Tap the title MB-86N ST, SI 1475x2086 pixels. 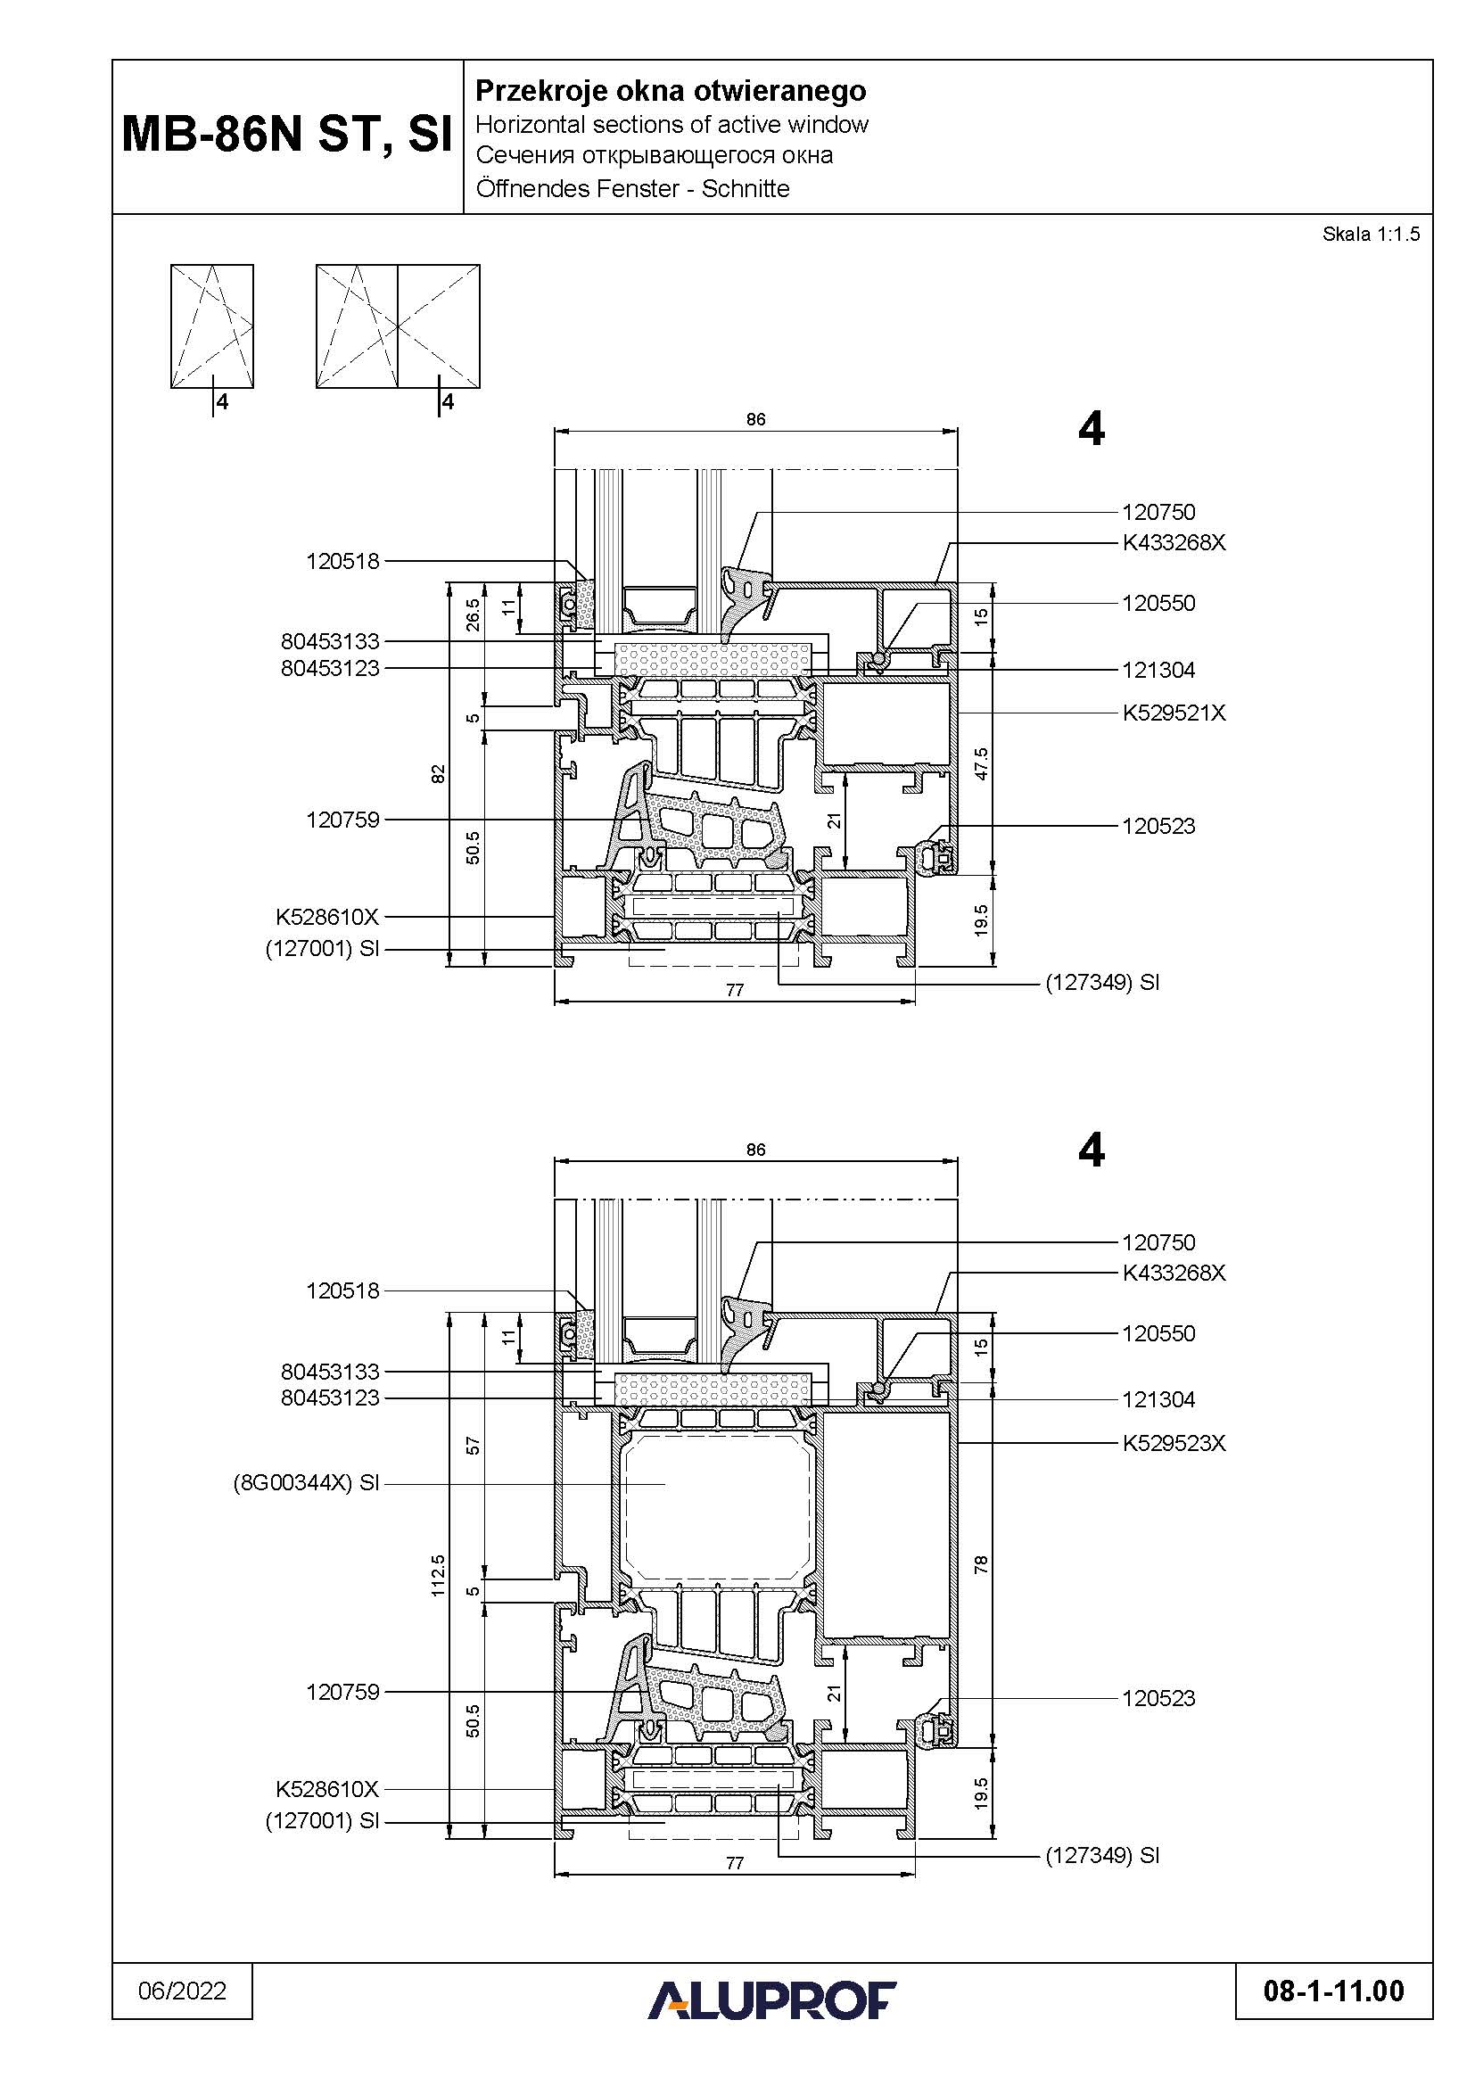point(287,135)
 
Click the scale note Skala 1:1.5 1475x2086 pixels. point(1371,235)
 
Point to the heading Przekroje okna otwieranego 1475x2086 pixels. point(672,91)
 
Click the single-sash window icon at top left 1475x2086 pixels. point(211,326)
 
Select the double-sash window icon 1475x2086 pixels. point(398,326)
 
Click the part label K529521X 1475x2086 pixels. point(1174,713)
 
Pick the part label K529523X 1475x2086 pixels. point(1174,1443)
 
